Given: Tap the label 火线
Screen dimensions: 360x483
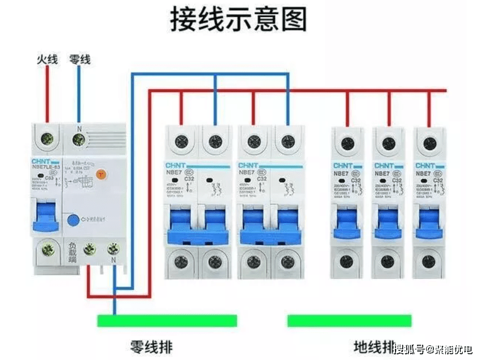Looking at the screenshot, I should [47, 59].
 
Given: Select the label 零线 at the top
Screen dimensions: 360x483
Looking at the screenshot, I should [79, 59].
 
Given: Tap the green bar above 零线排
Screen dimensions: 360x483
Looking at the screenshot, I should [167, 321].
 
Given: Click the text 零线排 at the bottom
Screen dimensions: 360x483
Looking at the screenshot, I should [151, 345].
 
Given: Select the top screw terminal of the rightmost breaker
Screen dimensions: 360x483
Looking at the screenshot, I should [428, 143].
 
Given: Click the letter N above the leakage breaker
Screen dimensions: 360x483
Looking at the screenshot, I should [79, 128].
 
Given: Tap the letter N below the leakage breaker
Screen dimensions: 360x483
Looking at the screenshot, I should [114, 260].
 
